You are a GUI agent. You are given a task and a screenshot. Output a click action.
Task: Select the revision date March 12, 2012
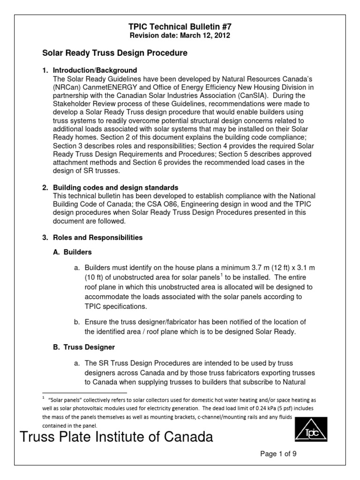tap(180, 36)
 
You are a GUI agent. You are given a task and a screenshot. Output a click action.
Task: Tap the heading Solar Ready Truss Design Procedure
tap(115, 53)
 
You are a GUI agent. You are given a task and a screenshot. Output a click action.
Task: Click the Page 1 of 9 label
tap(279, 454)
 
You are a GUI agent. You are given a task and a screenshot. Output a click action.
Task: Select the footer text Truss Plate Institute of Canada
tap(116, 437)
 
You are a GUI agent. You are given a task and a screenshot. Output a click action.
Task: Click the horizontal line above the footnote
tap(84, 393)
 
